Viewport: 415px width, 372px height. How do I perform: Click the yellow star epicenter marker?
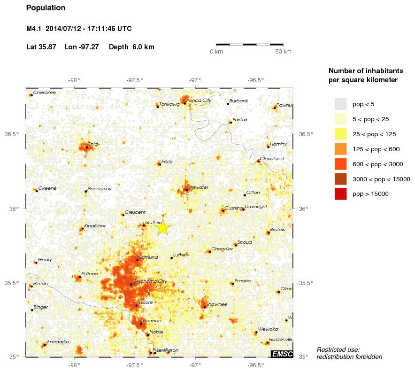pos(162,227)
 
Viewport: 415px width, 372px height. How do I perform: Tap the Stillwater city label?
pos(198,187)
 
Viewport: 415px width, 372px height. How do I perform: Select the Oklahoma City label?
pos(150,281)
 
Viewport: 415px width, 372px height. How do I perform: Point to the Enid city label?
pos(93,144)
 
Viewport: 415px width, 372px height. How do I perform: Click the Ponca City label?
pos(199,101)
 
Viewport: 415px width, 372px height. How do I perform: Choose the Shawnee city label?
pos(216,304)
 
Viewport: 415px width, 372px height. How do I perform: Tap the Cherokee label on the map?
pos(44,93)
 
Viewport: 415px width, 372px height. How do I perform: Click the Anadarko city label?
pos(57,342)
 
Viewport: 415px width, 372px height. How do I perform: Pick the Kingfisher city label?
pos(95,226)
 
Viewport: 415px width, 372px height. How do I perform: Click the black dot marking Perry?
pos(160,164)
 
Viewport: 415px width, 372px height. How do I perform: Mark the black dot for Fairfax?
pos(231,123)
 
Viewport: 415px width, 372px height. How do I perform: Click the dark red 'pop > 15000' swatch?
pos(340,194)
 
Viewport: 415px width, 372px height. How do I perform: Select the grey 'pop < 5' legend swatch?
pos(340,104)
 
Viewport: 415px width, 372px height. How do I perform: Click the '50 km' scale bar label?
pos(283,51)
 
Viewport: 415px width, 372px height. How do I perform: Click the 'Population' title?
pos(46,8)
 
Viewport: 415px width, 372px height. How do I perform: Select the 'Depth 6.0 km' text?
pos(131,47)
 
